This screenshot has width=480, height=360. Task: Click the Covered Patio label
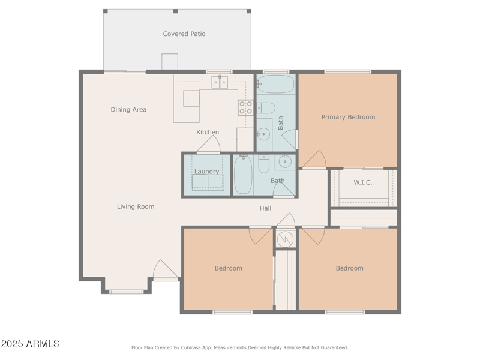click(x=184, y=34)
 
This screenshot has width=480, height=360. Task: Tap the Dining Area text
click(x=128, y=110)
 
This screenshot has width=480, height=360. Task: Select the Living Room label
click(x=136, y=206)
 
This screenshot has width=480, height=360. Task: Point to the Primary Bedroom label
click(x=348, y=117)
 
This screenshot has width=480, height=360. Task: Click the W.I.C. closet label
click(x=363, y=182)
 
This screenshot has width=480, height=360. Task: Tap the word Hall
click(x=265, y=208)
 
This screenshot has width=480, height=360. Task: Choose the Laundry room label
click(x=206, y=172)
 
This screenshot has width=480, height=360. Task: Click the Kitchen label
click(x=208, y=132)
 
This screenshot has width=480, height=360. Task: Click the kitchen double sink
click(x=220, y=82)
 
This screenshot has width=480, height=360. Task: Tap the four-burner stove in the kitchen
click(x=246, y=107)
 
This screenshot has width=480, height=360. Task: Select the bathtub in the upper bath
click(x=275, y=84)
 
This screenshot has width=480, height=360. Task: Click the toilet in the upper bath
click(x=266, y=108)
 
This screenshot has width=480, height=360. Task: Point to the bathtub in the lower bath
click(x=243, y=175)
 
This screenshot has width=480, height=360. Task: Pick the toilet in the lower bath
click(x=264, y=164)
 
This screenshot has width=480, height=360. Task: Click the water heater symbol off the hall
click(x=285, y=239)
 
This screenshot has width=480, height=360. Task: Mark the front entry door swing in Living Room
click(x=166, y=269)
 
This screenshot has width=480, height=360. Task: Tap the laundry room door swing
click(x=209, y=144)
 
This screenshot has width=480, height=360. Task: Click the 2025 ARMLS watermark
click(x=31, y=344)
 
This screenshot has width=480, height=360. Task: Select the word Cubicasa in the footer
click(x=191, y=348)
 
